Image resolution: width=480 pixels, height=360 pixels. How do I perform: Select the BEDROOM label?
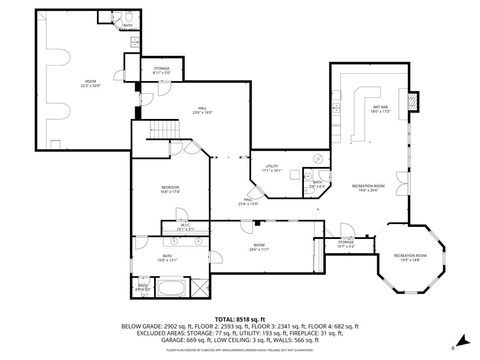(171, 190)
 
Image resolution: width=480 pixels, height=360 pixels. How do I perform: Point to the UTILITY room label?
(271, 168)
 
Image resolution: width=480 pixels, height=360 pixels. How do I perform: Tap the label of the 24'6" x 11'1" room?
(259, 247)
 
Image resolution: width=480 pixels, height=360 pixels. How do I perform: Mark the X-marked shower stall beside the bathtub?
(144, 289)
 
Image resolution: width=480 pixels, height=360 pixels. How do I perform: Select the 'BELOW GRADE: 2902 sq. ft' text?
(157, 326)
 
